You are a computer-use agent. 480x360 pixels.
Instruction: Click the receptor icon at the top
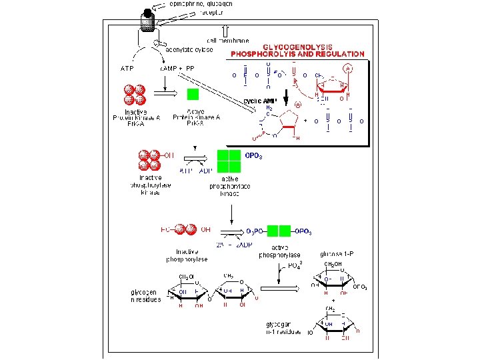tap(147, 19)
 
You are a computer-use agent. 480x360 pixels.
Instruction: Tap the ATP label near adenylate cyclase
tap(127, 68)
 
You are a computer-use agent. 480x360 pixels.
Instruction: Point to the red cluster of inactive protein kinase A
tap(134, 94)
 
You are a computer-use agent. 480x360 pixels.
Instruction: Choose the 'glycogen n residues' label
tap(145, 295)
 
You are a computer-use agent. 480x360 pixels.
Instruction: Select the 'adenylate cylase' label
tap(190, 49)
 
